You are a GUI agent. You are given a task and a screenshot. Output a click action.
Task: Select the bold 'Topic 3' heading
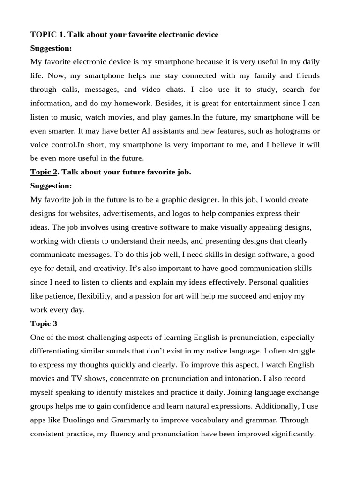[x=44, y=323]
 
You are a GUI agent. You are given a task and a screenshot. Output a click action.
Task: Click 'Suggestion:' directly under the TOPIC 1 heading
[x=51, y=48]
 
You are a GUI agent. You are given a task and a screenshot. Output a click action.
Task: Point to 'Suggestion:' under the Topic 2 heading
[x=51, y=186]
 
